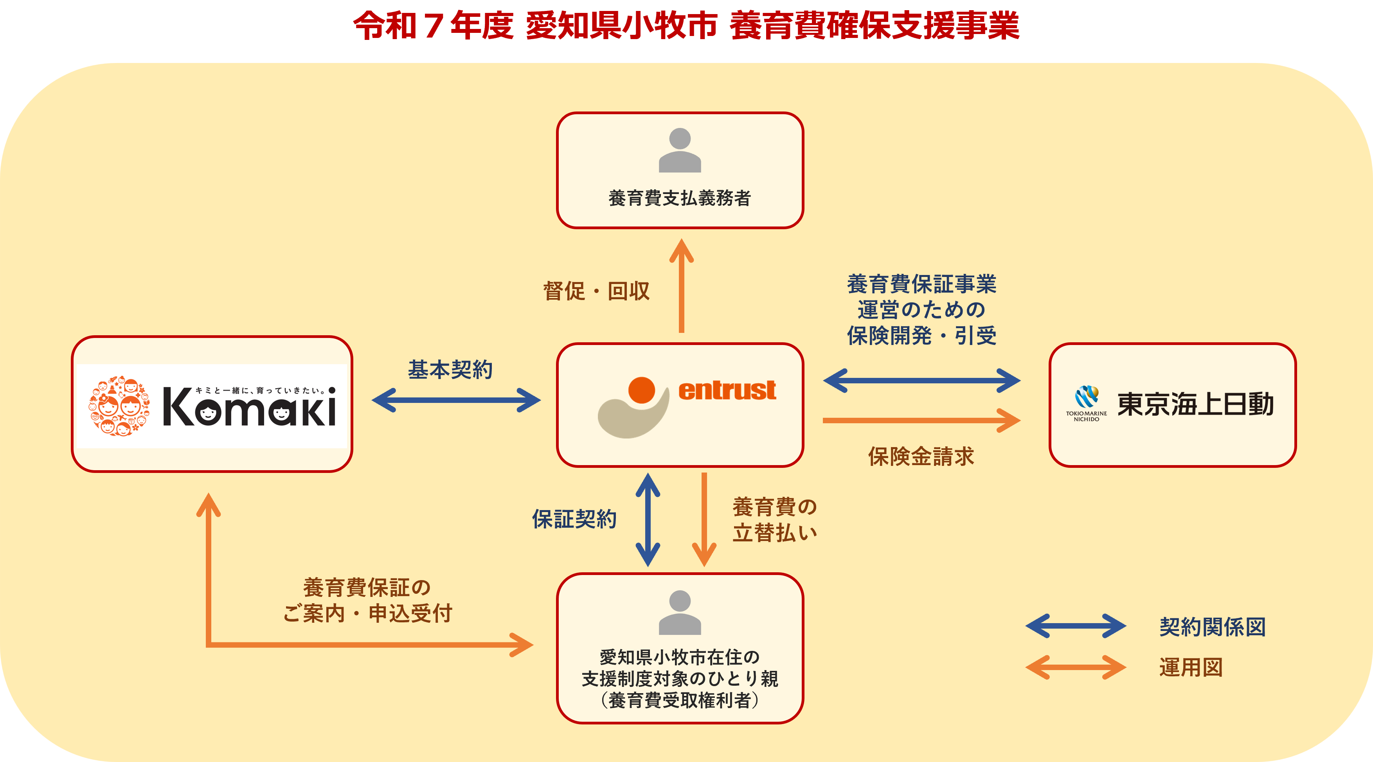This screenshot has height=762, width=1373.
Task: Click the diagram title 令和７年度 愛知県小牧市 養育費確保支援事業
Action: (x=686, y=25)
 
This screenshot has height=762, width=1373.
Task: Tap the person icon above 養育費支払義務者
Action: (x=680, y=150)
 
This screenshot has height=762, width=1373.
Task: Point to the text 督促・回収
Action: (x=596, y=291)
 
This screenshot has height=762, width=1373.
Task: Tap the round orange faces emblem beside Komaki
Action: (x=119, y=406)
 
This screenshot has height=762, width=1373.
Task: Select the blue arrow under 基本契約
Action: (x=456, y=400)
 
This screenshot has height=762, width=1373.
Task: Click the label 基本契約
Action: (x=450, y=369)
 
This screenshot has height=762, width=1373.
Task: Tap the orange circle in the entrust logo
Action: (x=641, y=390)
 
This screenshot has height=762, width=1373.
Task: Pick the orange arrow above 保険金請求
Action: (x=921, y=421)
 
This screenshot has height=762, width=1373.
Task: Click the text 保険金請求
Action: (x=921, y=456)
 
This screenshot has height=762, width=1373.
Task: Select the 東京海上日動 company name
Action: (x=1195, y=404)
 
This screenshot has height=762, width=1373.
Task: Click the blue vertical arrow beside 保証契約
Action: (x=648, y=519)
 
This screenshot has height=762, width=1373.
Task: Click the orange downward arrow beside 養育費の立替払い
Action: (x=704, y=519)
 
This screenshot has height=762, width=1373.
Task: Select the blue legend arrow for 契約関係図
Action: (x=1076, y=626)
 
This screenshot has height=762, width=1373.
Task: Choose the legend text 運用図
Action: (x=1191, y=667)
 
